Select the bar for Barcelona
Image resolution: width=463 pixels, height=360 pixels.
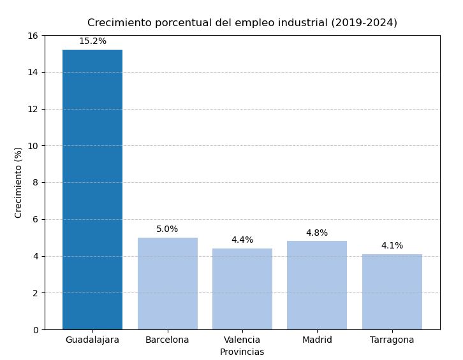point(167,284)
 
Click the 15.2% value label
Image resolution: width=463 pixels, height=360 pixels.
point(92,41)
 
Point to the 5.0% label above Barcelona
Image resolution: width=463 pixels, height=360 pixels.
point(167,229)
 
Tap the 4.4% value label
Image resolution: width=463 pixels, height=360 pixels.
point(242,240)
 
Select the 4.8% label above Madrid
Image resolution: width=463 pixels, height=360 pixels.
point(317,233)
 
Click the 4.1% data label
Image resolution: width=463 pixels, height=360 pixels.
point(392,246)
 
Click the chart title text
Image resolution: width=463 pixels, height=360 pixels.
point(242,23)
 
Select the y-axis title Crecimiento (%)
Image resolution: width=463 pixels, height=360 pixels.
point(18,182)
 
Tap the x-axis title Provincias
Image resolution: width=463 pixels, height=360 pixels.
point(242,352)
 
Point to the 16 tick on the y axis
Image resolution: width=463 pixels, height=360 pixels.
point(33,36)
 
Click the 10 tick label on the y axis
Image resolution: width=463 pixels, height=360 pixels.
point(33,146)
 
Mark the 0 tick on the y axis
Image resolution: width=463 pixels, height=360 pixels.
point(36,330)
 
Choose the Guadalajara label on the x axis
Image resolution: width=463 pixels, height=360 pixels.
point(92,340)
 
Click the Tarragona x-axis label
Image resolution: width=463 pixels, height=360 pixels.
point(392,340)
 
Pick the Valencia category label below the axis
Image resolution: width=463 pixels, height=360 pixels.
point(242,340)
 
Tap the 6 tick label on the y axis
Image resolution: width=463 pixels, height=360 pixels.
point(36,219)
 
